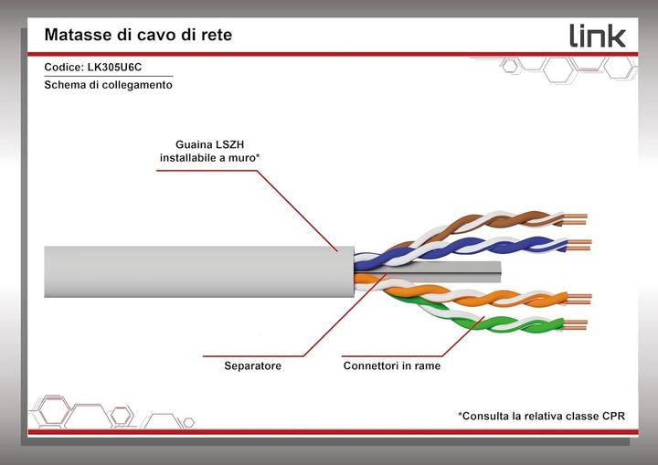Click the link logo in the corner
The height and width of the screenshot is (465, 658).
(598, 36)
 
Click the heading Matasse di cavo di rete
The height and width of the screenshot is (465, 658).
(138, 35)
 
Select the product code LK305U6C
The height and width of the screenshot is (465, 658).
(114, 68)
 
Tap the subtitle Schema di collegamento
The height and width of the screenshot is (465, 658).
(108, 85)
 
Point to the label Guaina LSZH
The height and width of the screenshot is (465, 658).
(209, 144)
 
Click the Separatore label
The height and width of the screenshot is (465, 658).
(252, 365)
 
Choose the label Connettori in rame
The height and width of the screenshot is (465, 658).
(392, 365)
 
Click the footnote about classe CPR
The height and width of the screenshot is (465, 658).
(541, 416)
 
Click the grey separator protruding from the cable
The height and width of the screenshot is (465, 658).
(453, 271)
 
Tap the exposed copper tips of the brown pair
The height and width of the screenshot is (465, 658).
(575, 219)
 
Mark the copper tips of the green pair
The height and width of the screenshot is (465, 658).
(576, 325)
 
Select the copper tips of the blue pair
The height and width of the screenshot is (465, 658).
(578, 245)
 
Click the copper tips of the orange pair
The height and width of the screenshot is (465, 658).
(579, 299)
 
